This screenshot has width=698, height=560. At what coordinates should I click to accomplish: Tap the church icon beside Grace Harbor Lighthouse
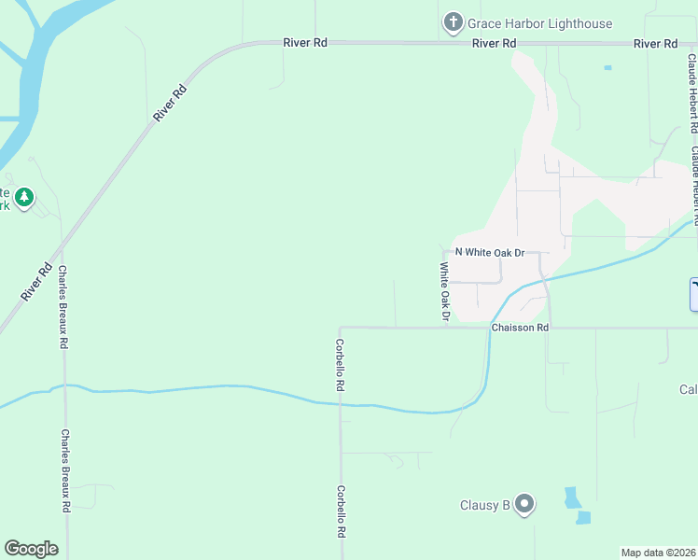pos(453,22)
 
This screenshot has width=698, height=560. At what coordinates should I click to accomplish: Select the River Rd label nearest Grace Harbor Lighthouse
pos(495,44)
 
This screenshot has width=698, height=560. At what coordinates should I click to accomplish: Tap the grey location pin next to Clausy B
pos(524,505)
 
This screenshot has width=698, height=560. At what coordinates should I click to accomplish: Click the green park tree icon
pos(24,197)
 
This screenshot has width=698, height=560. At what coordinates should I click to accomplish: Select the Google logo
pos(31,548)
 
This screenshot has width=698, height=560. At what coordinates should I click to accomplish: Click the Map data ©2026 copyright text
pos(659,553)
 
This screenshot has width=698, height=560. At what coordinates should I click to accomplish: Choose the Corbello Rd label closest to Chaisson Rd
pos(341,364)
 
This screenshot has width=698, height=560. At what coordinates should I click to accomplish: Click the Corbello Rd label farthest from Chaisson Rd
pos(342,512)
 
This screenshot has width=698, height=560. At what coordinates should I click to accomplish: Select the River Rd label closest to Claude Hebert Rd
pos(655,44)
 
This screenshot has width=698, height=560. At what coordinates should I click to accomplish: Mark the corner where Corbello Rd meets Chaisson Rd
pos(341,328)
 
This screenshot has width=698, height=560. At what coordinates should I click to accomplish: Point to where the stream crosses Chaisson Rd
pos(490,328)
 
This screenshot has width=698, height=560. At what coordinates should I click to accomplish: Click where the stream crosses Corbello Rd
pos(341,404)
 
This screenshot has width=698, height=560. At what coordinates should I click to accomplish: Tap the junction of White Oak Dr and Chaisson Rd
pos(445,328)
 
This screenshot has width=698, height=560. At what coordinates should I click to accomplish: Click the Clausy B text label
pos(484,506)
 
